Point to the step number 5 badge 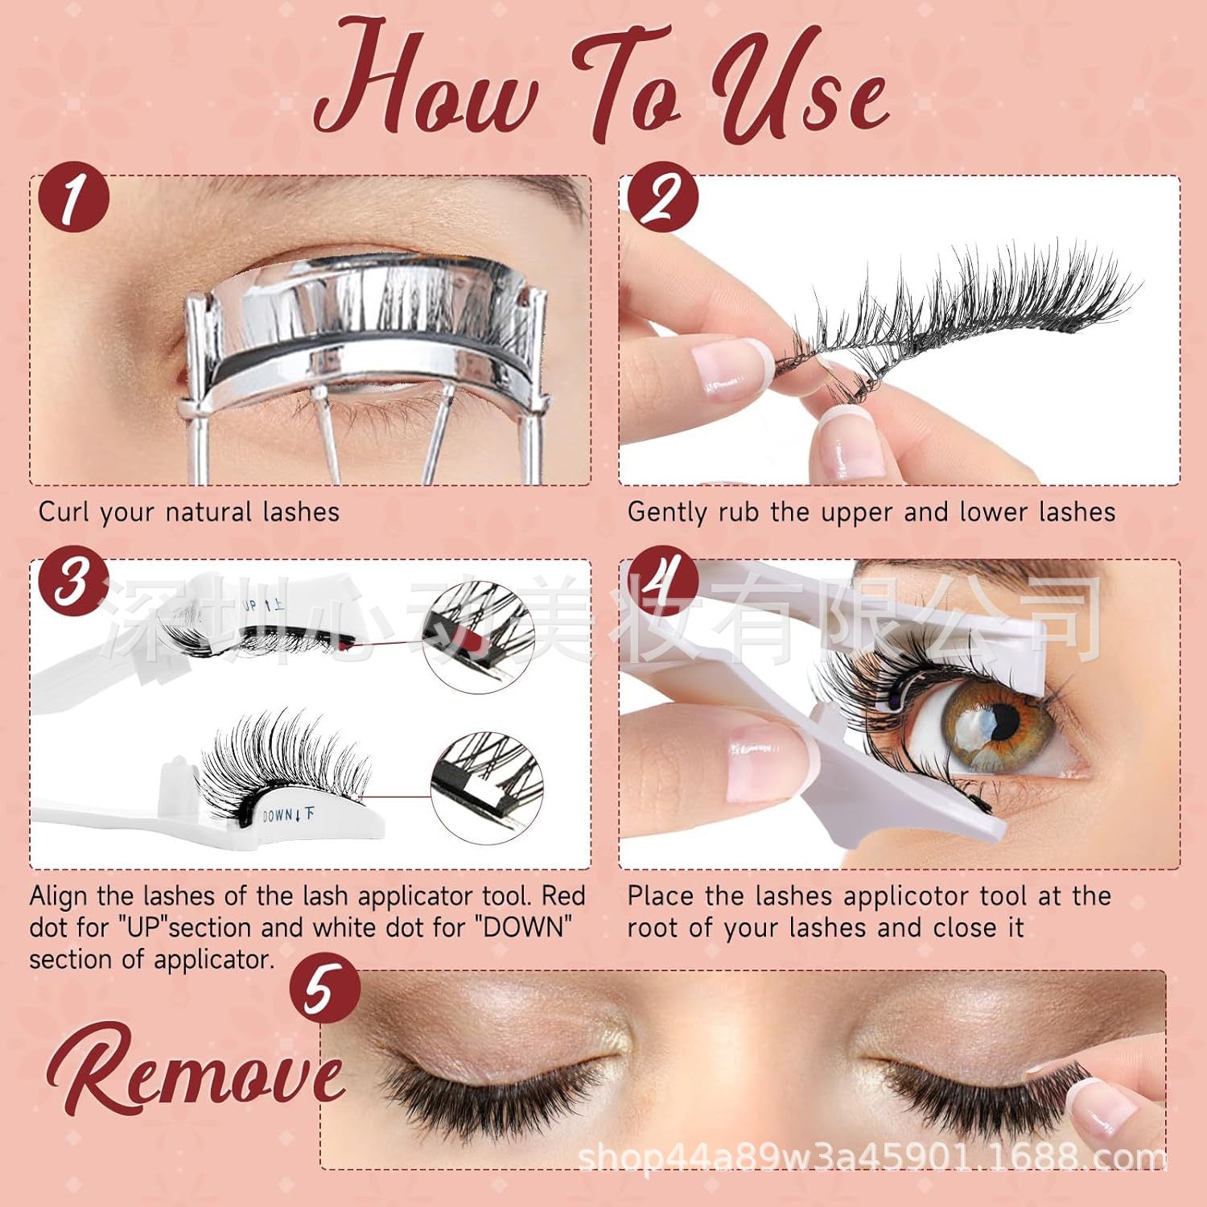(325, 990)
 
